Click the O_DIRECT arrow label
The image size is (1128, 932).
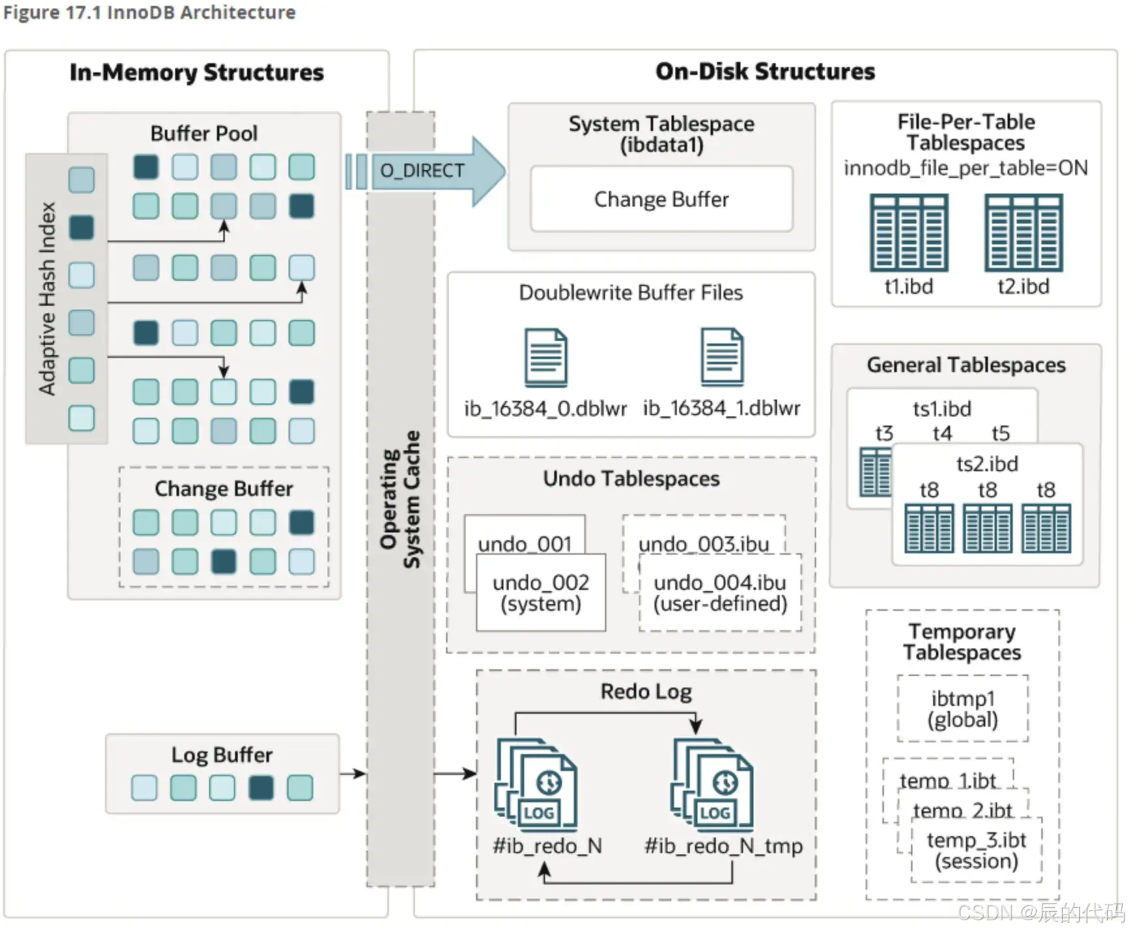[422, 171]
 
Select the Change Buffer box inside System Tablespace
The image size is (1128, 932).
[662, 199]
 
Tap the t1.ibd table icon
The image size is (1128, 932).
[909, 233]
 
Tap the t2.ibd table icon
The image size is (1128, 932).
[1024, 233]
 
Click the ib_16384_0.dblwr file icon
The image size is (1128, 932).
[546, 358]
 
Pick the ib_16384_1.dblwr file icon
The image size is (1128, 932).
[722, 357]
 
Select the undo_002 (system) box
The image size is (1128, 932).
[541, 592]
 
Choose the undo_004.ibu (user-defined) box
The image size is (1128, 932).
[720, 592]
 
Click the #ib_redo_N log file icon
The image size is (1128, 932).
[536, 785]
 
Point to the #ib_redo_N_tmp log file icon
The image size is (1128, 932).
[712, 785]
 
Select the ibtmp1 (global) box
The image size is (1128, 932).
[963, 708]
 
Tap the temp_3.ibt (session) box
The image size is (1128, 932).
[976, 851]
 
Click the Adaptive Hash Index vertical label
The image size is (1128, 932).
[47, 299]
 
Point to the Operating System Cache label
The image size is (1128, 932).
[401, 499]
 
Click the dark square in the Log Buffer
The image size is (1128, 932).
[261, 787]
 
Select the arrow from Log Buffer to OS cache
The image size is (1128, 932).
[353, 774]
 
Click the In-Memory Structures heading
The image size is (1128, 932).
[197, 72]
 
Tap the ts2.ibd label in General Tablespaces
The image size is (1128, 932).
[987, 464]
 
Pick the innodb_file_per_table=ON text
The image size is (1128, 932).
[966, 168]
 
